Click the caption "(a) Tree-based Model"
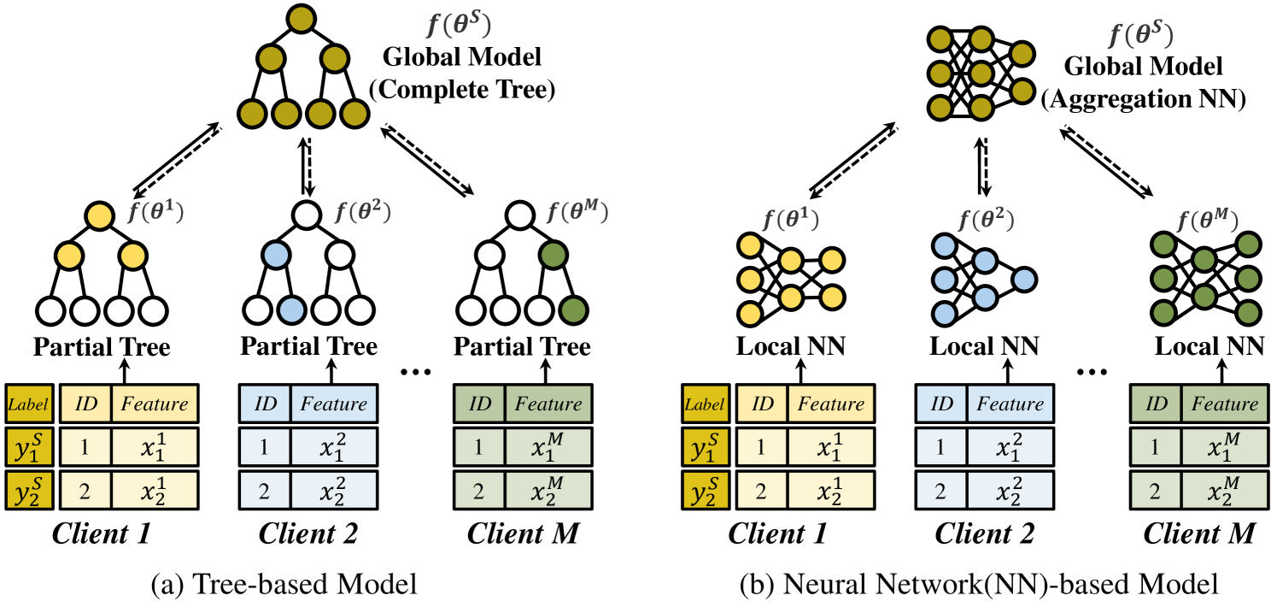click(283, 585)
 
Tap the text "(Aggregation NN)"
click(1143, 97)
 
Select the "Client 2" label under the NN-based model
click(984, 533)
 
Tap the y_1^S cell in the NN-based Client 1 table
click(703, 448)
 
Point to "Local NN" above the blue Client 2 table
click(984, 347)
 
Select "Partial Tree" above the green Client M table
click(522, 347)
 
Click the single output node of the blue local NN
click(1024, 278)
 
